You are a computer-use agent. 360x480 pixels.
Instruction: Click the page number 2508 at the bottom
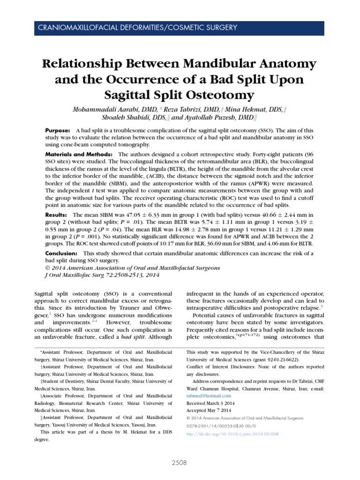point(179,462)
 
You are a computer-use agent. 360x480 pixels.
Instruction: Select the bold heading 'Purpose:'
point(58,130)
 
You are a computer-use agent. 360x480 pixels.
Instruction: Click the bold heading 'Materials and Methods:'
point(79,154)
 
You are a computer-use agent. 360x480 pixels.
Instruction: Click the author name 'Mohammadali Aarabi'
point(99,109)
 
